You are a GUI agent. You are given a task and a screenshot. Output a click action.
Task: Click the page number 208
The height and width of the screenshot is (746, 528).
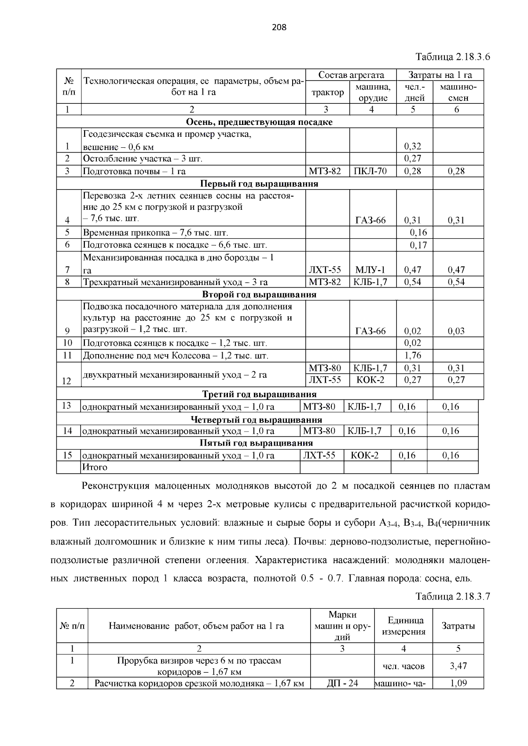279,28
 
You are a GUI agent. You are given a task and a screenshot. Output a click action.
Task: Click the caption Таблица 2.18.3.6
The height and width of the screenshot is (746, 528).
453,57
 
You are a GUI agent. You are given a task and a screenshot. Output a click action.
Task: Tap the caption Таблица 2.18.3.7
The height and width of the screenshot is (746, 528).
453,596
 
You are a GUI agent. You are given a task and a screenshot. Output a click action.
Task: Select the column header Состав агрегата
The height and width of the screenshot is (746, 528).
351,75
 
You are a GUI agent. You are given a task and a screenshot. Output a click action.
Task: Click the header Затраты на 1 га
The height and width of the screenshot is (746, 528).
440,75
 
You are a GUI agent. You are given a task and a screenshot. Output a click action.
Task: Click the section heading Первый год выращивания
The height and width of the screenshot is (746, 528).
259,183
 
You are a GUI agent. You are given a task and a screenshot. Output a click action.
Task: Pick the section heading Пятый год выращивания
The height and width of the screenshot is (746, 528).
256,443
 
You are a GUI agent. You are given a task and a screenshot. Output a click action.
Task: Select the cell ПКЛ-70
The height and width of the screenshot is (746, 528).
370,171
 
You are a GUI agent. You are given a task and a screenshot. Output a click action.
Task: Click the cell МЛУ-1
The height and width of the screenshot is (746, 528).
370,270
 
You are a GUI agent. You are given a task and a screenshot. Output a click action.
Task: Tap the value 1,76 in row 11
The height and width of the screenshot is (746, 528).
412,355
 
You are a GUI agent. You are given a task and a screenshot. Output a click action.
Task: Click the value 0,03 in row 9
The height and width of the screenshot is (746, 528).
456,331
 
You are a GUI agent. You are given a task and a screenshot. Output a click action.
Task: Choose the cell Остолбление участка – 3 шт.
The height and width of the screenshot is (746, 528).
143,158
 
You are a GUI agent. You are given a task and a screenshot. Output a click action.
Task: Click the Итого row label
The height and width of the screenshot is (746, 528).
95,467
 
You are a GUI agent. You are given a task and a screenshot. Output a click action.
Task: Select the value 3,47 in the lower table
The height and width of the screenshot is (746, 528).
458,666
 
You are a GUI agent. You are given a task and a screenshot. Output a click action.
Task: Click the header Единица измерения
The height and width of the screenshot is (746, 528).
403,626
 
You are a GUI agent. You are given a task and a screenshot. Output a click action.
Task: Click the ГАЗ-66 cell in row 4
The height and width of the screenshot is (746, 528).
370,220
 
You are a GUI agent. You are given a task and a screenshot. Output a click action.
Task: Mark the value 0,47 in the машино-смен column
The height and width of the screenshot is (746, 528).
456,270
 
